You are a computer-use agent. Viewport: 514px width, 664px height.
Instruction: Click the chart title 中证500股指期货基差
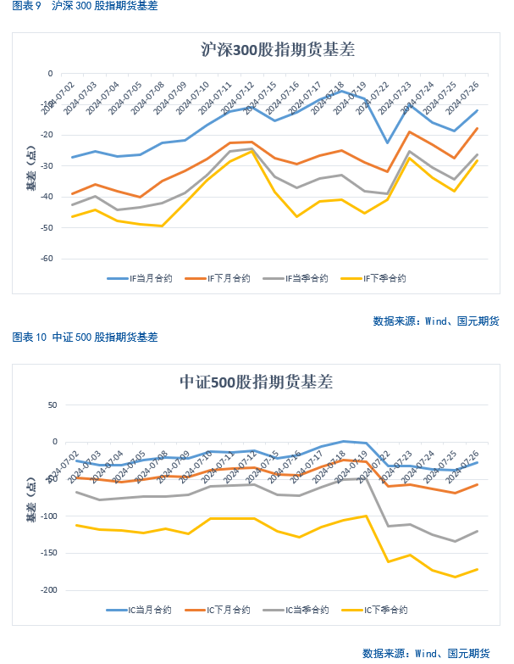(x=256, y=382)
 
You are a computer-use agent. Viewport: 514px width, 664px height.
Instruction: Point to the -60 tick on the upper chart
(x=47, y=259)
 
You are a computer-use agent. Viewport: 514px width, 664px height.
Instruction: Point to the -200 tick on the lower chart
(x=46, y=590)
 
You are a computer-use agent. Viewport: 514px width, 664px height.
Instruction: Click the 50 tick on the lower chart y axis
(x=51, y=405)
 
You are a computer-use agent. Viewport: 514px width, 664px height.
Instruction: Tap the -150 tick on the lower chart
(x=46, y=553)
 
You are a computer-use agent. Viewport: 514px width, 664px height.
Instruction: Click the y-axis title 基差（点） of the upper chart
(x=30, y=166)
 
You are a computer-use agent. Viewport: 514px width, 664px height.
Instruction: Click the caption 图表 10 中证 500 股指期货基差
(x=85, y=338)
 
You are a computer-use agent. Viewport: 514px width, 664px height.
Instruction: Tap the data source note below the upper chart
(x=435, y=321)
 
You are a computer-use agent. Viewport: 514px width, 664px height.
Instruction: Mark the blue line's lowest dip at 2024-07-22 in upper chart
(x=387, y=142)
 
